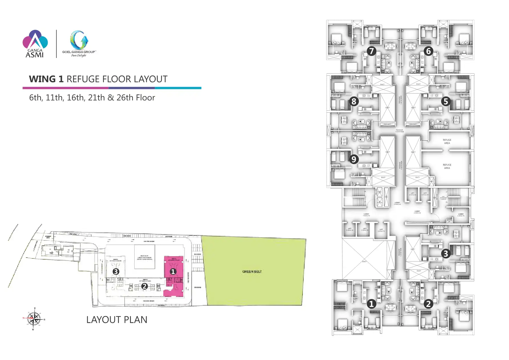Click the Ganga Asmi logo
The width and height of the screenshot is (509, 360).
[x=35, y=44]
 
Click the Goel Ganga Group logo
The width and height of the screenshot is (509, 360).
[x=79, y=44]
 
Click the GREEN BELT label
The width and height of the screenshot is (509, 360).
[x=252, y=272]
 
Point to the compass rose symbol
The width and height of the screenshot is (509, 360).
[x=34, y=318]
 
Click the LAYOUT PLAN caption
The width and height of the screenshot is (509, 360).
[x=117, y=320]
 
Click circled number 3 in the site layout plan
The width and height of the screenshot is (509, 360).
[x=116, y=271]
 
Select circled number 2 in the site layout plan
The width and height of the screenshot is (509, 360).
[x=145, y=286]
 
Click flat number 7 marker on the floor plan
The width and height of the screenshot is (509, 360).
[x=371, y=51]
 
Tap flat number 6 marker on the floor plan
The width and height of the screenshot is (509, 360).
[x=428, y=51]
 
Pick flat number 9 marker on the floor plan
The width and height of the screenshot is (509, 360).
[x=354, y=159]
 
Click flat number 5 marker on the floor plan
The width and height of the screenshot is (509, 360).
[x=446, y=101]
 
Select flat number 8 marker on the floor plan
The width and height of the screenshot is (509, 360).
[x=354, y=101]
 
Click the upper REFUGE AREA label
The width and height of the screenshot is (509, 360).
[x=447, y=141]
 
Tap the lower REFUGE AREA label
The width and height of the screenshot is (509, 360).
[x=447, y=166]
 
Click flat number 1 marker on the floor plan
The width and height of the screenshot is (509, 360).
[x=371, y=304]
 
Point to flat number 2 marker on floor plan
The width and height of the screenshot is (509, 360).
[x=428, y=304]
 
